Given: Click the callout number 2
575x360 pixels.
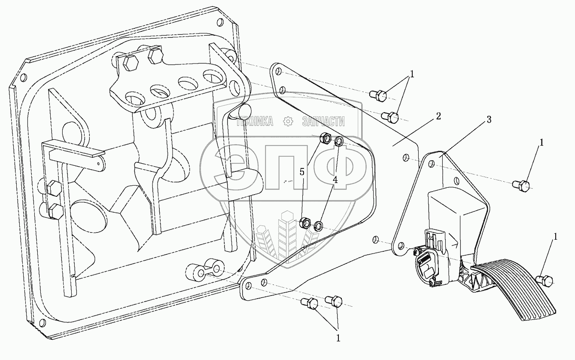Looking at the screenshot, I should pos(438,116).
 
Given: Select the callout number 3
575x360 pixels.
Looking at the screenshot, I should pos(489,120).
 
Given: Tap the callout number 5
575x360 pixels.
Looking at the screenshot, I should pos(302,172).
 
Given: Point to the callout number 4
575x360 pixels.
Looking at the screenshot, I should pos(335,180).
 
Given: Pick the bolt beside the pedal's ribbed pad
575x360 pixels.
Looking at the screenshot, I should pos(545,281).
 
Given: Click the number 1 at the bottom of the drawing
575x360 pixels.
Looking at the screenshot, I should pos(338,339).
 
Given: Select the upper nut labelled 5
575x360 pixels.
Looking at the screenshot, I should pos(326,139).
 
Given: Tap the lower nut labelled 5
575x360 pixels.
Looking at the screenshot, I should pos(306,223).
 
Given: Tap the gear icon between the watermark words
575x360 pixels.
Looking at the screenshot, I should pos(287,122).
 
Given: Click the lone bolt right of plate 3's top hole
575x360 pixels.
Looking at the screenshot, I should pos(520,186).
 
